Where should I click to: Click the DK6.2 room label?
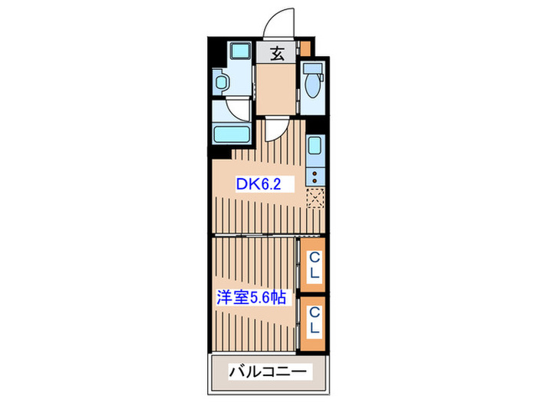pos(255,184)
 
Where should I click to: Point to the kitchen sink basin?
pos(315,146)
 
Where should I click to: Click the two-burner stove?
pos(315,177)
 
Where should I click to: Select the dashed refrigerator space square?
pos(315,200)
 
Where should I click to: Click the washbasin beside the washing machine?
pos(222,81)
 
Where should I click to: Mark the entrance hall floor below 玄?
pos(276,88)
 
